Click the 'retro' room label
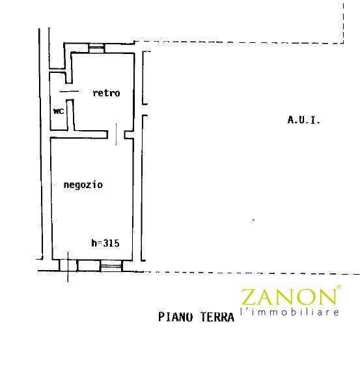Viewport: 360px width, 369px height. (x=106, y=93)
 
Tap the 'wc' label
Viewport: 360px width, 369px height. (x=59, y=111)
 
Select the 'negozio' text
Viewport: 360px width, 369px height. (x=83, y=185)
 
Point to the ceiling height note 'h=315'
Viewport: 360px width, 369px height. (x=105, y=243)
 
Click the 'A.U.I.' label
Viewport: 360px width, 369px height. (x=304, y=120)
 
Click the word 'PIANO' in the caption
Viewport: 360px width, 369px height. (x=176, y=317)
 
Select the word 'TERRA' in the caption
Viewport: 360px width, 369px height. (x=217, y=317)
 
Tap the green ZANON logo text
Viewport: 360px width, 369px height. (x=288, y=297)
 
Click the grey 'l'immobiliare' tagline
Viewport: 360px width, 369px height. (x=290, y=312)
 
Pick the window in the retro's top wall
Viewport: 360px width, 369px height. (x=96, y=48)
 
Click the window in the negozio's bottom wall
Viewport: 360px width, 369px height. (x=111, y=266)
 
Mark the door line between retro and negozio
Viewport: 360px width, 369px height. (x=116, y=134)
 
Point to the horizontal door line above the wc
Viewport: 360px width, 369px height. (x=69, y=91)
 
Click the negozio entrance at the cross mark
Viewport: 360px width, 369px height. (x=68, y=266)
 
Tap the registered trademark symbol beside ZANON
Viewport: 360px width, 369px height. (x=339, y=287)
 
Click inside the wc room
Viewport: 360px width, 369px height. (x=59, y=118)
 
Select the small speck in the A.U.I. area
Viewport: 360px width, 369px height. (x=253, y=221)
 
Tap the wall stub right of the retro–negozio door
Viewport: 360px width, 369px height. (x=129, y=135)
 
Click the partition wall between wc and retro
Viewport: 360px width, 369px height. (x=70, y=115)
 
